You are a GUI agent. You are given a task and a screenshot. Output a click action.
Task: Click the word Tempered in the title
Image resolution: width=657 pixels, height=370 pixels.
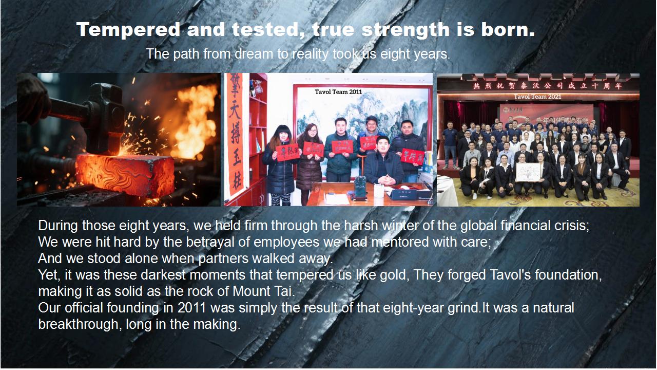pyautogui.click(x=128, y=30)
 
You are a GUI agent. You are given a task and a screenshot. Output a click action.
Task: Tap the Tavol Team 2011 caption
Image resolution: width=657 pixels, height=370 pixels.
pyautogui.click(x=338, y=92)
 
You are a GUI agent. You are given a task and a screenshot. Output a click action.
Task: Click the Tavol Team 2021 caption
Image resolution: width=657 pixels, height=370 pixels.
pyautogui.click(x=537, y=97)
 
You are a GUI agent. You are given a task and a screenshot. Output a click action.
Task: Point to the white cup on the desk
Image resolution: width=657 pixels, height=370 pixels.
pyautogui.click(x=378, y=191)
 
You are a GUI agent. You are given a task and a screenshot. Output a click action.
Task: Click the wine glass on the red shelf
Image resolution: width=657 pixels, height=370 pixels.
pyautogui.click(x=259, y=88)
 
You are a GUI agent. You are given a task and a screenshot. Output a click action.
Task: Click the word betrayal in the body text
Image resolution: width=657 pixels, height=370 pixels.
pyautogui.click(x=226, y=242)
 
